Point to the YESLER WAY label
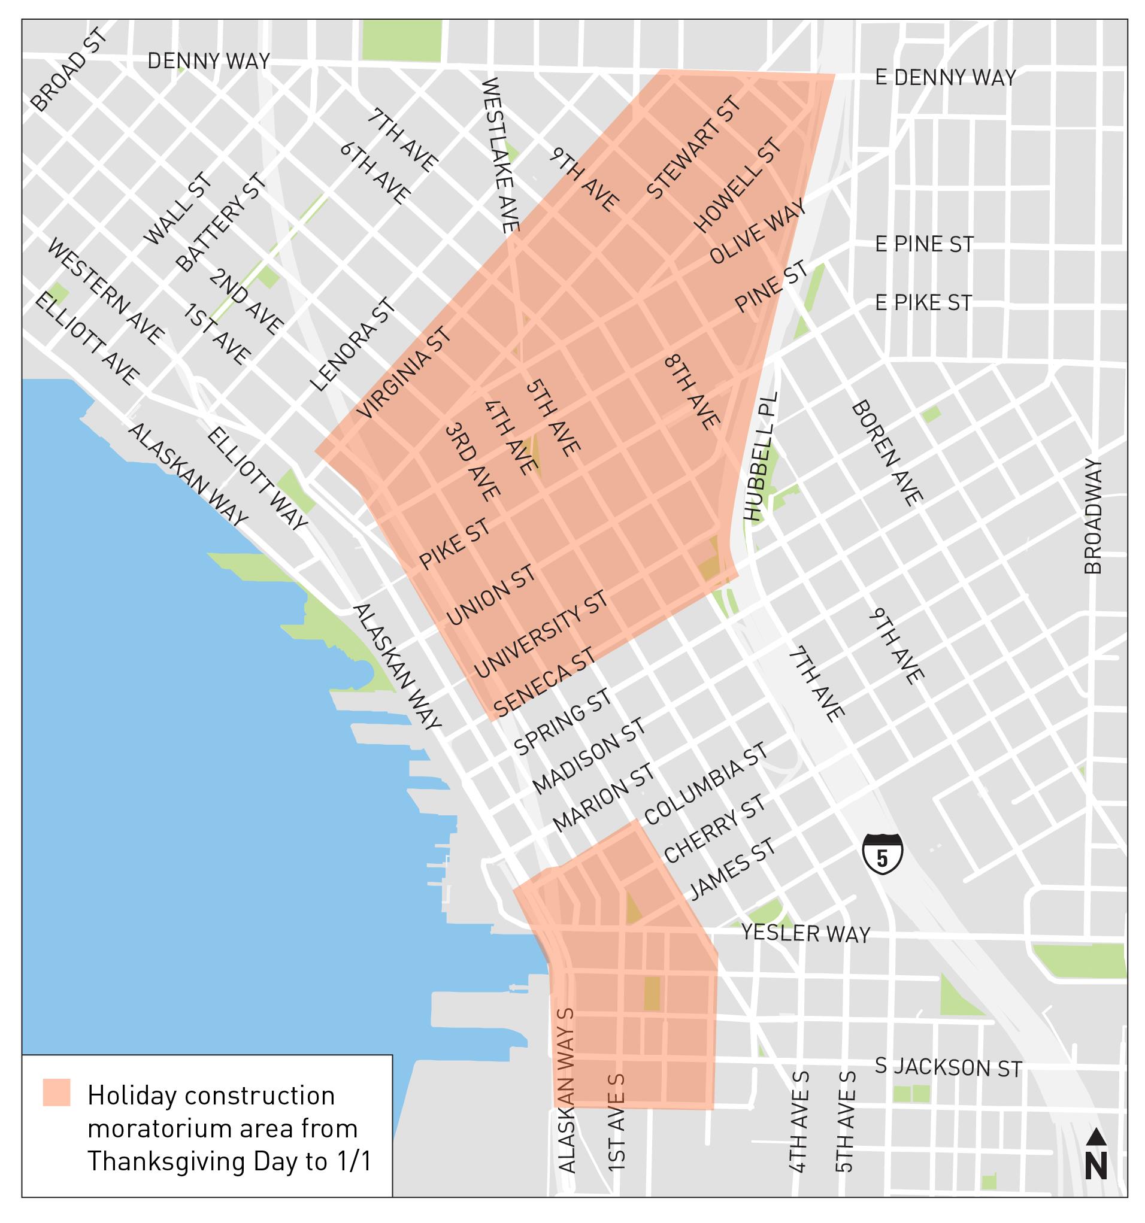805,934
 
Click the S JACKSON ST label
948,1067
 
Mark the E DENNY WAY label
945,78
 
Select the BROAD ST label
69,72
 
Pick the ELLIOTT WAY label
257,480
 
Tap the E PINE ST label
923,245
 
